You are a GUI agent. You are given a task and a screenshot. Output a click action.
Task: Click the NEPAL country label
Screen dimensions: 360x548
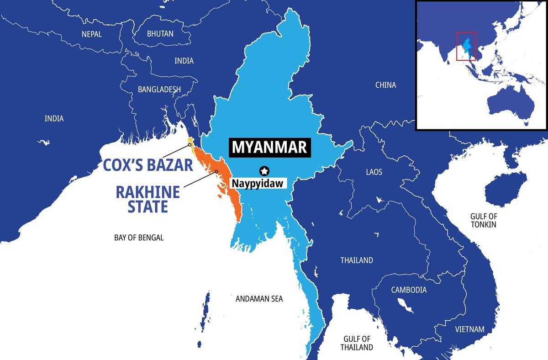pos(91,34)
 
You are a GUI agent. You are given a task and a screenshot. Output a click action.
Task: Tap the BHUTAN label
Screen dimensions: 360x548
pos(160,34)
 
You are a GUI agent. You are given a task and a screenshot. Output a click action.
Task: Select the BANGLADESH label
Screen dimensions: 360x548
pos(159,90)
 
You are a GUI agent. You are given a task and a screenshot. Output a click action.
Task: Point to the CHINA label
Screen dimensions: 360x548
pos(385,85)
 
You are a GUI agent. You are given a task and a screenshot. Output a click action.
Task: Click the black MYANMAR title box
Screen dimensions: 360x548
pos(269,148)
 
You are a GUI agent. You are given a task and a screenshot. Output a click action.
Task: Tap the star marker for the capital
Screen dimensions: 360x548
pos(264,171)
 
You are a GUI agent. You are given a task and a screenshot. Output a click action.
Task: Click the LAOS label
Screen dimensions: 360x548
pos(374,172)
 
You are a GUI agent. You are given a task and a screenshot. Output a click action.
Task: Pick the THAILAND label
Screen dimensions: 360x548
pos(357,260)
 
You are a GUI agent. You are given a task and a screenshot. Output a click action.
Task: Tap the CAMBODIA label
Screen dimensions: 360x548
pos(409,290)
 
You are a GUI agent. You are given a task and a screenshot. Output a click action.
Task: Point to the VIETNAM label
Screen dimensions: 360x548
pos(470,329)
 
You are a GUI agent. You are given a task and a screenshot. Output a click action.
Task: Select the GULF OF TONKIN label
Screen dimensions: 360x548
pos(483,220)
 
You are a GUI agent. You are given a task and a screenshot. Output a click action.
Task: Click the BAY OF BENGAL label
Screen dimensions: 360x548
pos(139,238)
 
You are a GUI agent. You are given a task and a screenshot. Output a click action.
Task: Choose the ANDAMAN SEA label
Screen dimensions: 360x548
pos(259,299)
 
